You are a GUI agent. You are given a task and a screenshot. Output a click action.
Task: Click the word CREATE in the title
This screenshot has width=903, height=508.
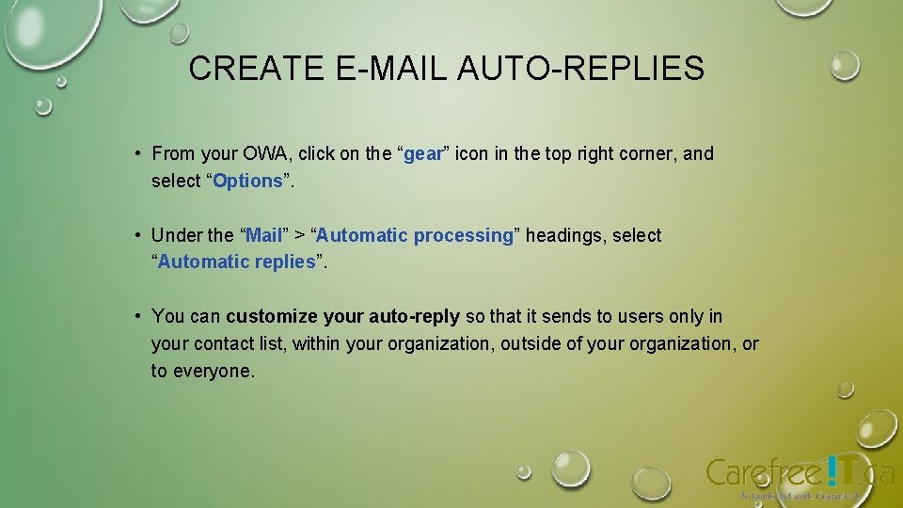click(243, 69)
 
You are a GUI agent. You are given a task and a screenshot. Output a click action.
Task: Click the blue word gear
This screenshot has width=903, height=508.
click(422, 153)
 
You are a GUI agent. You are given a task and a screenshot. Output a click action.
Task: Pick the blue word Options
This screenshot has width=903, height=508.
click(247, 181)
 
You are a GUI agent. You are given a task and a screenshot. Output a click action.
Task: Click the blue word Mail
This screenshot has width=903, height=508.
click(263, 235)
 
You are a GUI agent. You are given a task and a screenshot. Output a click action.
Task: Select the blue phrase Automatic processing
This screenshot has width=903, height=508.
click(414, 235)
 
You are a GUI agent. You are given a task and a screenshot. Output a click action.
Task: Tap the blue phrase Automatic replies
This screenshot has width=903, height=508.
click(236, 262)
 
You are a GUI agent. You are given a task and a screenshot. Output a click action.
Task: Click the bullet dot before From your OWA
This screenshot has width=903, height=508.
click(137, 153)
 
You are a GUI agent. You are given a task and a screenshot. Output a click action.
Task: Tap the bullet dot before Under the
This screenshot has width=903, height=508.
click(137, 235)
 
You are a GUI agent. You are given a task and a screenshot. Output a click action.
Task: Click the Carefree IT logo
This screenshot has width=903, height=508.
click(800, 473)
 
